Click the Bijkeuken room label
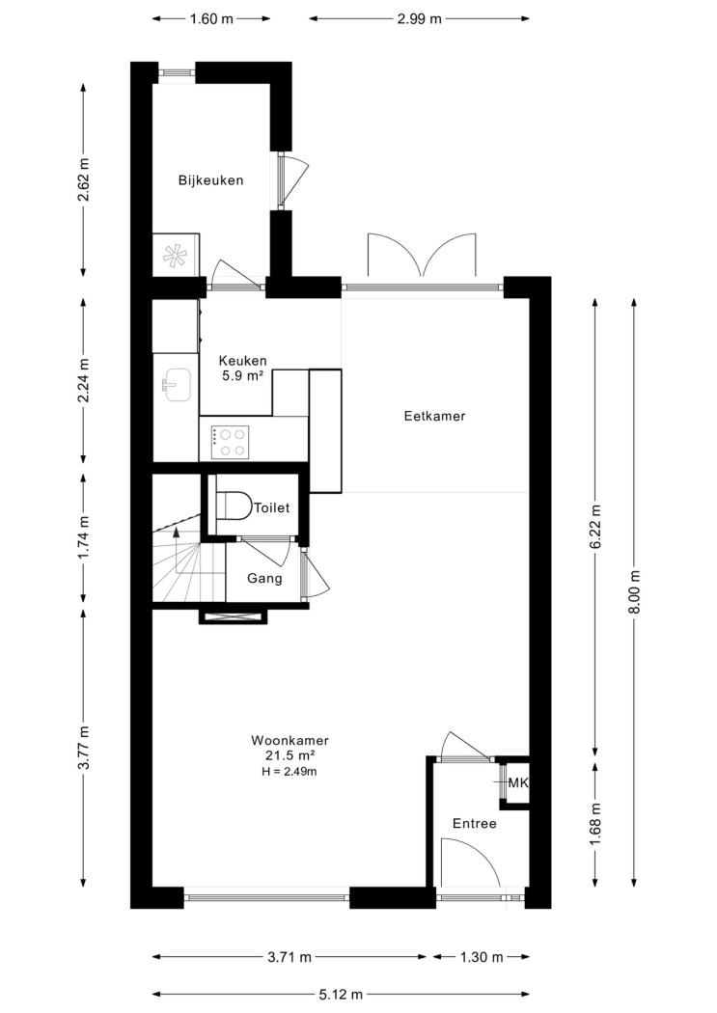pyautogui.click(x=210, y=180)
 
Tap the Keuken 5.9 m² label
pyautogui.click(x=242, y=369)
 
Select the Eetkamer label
pyautogui.click(x=434, y=416)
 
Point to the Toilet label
pyautogui.click(x=271, y=507)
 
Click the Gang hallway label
pyautogui.click(x=264, y=578)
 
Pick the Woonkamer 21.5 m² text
pyautogui.click(x=290, y=748)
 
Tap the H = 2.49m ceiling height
pyautogui.click(x=290, y=772)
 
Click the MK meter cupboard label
pyautogui.click(x=518, y=783)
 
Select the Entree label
pyautogui.click(x=475, y=824)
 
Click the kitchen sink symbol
pyautogui.click(x=176, y=384)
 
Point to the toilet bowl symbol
pyautogui.click(x=233, y=506)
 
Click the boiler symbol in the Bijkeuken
pyautogui.click(x=175, y=256)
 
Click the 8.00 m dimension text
pyautogui.click(x=634, y=592)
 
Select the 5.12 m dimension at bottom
pyautogui.click(x=341, y=995)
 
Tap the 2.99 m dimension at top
pyautogui.click(x=419, y=18)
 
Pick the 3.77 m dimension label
pyautogui.click(x=83, y=748)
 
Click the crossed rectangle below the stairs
pyautogui.click(x=233, y=616)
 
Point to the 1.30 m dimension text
pyautogui.click(x=482, y=957)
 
